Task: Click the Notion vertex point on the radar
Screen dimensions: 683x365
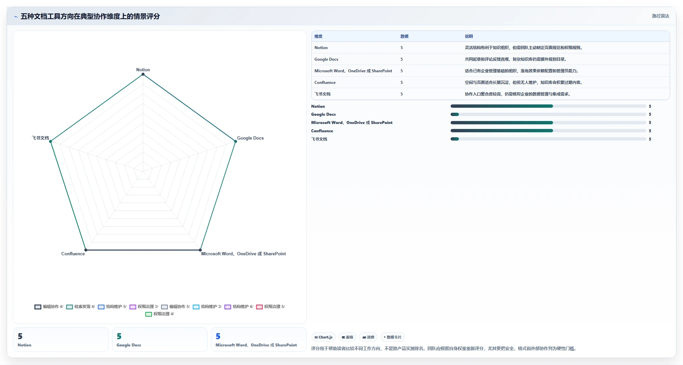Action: (143, 74)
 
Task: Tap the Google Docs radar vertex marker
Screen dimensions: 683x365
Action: (236, 142)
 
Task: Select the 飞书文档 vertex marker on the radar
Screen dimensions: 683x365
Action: (51, 142)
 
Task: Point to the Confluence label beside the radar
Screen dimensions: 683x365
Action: (73, 254)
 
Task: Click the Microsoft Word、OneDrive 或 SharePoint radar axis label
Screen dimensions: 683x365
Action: (243, 254)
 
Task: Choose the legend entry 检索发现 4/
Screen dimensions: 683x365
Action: (81, 307)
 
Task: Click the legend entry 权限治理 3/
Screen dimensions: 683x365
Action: (144, 307)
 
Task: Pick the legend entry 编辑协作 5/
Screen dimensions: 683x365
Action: (176, 307)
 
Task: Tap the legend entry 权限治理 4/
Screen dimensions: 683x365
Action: (160, 314)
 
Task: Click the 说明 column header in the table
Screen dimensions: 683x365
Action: (469, 36)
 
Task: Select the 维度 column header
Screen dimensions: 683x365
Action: (318, 36)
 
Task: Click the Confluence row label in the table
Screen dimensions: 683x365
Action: (325, 83)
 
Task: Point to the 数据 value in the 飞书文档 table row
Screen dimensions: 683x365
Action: (402, 94)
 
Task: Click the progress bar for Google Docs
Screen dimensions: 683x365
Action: (548, 114)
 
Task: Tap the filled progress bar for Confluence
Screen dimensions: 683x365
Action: (502, 131)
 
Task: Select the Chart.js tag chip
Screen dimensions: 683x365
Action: (324, 337)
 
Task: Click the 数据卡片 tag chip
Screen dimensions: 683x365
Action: (393, 337)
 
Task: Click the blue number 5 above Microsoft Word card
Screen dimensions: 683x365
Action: (218, 336)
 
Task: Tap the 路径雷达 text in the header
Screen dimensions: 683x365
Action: (661, 16)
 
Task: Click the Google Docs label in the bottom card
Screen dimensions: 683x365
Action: (129, 345)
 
